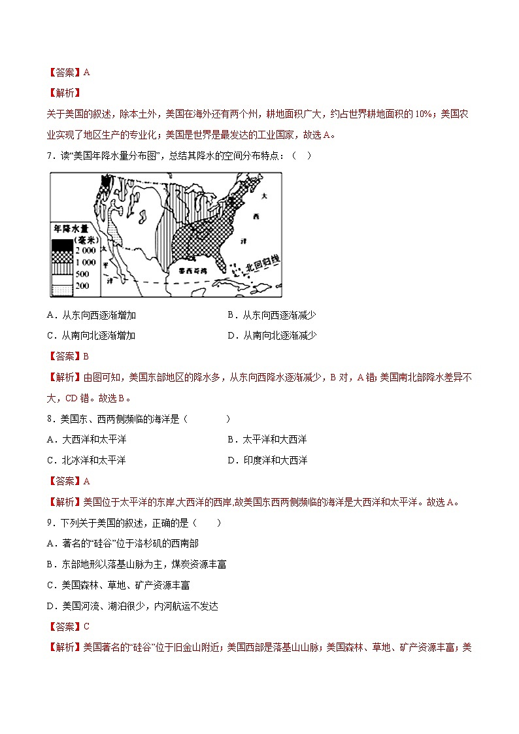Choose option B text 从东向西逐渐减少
pyautogui.click(x=279, y=315)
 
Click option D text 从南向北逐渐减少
pyautogui.click(x=280, y=335)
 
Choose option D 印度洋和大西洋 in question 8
pyautogui.click(x=275, y=460)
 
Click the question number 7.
pyautogui.click(x=49, y=155)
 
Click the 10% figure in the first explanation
pyautogui.click(x=422, y=114)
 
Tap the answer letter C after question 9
pyautogui.click(x=86, y=626)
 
